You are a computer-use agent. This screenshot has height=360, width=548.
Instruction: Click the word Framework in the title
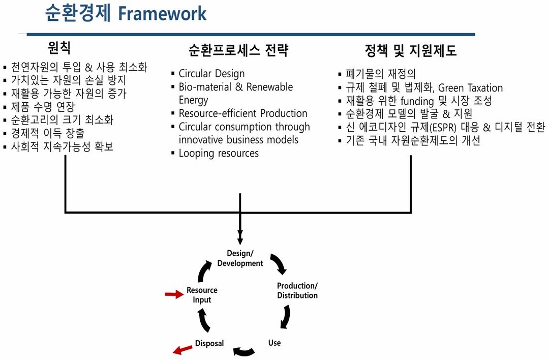tap(162, 14)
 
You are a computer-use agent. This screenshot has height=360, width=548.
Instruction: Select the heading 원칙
tap(59, 48)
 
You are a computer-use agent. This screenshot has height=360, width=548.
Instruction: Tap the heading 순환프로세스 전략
tap(238, 51)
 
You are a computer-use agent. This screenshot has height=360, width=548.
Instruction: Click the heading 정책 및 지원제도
tap(410, 51)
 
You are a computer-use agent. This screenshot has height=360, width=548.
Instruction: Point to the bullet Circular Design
tap(211, 74)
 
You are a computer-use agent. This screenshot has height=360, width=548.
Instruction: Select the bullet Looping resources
tap(219, 153)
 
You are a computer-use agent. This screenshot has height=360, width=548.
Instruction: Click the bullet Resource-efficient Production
tap(243, 113)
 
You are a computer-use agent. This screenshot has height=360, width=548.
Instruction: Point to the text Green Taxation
tap(470, 88)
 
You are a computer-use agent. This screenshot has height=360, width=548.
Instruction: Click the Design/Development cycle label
tap(240, 258)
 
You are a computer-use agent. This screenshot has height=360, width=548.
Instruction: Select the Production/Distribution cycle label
tap(297, 290)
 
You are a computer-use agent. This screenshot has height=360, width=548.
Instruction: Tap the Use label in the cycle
tap(275, 343)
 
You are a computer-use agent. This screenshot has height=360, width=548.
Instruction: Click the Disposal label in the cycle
tap(209, 343)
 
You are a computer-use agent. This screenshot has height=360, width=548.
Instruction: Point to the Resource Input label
tap(202, 295)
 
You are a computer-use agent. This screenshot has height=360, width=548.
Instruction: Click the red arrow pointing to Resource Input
tap(174, 294)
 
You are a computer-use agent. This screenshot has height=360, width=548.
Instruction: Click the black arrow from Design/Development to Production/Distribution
tap(279, 263)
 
